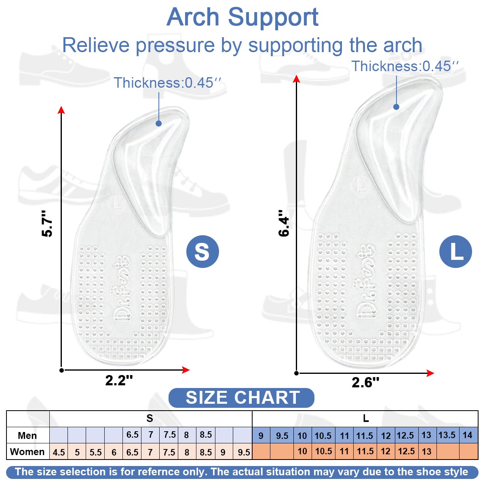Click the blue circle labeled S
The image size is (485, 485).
tap(202, 251)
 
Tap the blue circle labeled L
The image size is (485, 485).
tap(455, 251)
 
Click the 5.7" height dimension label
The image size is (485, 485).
tap(47, 224)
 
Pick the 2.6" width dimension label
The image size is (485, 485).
tap(365, 382)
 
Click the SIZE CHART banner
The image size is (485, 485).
tap(241, 398)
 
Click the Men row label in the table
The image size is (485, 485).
tap(27, 435)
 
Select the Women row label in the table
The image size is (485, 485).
tap(27, 452)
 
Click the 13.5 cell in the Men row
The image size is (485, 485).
tap(447, 435)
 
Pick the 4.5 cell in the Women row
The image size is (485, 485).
tap(59, 452)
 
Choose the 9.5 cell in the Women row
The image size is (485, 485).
tap(244, 452)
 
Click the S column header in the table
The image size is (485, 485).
tap(150, 418)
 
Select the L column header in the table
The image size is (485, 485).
tap(366, 418)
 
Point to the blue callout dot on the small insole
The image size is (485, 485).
tap(158, 123)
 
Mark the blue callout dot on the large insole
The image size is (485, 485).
tap(396, 107)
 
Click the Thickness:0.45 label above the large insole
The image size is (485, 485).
tap(405, 66)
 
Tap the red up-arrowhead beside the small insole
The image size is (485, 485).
tap(61, 110)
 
